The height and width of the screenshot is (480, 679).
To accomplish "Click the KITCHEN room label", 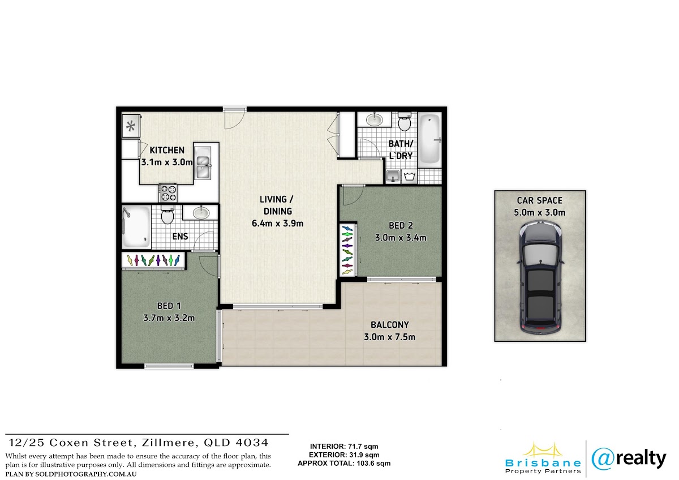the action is click(167, 150).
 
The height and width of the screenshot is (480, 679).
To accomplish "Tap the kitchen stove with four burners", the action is click(168, 193).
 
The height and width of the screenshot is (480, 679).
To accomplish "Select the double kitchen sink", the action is click(203, 162).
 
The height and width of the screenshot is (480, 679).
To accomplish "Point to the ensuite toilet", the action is click(167, 215).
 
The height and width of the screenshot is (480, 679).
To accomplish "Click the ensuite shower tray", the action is click(136, 227).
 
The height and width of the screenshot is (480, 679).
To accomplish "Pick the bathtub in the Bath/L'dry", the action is click(430, 139).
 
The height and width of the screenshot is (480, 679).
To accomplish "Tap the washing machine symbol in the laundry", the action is click(409, 177).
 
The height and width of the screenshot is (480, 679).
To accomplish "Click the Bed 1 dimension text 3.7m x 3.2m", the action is click(169, 318).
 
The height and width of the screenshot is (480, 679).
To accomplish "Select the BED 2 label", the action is click(401, 226).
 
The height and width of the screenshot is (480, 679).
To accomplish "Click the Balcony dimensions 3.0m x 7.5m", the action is click(389, 337).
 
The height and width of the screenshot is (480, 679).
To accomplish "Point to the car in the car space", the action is click(540, 276).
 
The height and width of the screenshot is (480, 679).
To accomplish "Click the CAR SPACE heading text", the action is click(540, 200).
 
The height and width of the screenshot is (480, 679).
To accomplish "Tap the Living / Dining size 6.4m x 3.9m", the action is click(277, 224).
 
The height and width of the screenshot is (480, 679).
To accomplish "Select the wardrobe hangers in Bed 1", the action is click(153, 260).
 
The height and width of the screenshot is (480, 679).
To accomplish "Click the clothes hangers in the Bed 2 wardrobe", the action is click(347, 249).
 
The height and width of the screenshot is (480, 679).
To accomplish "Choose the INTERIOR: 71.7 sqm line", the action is click(344, 447).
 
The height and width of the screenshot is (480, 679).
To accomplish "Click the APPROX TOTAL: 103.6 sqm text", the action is click(344, 464).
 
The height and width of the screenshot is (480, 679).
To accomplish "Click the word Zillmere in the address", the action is click(167, 443).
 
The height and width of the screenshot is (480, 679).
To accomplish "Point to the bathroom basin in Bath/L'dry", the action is click(375, 119).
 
